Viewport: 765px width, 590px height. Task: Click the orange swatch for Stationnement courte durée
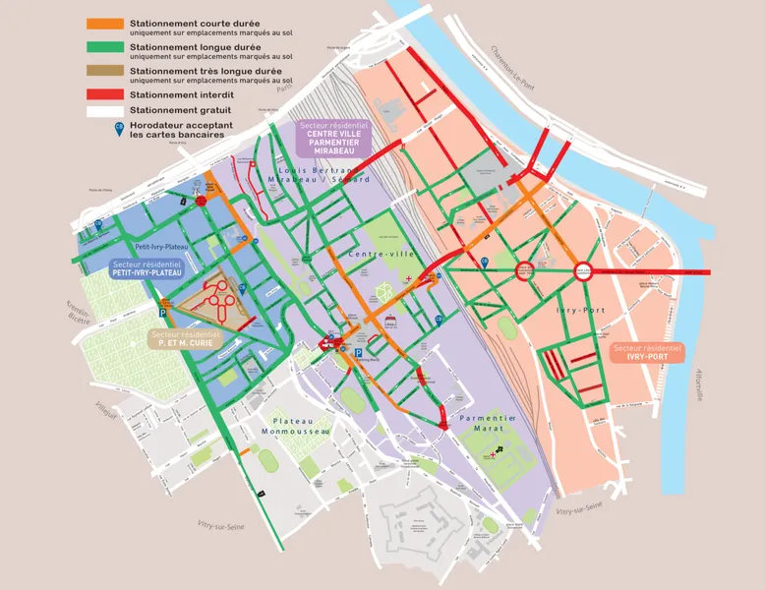point(105,24)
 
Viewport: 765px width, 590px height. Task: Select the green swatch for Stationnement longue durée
point(105,47)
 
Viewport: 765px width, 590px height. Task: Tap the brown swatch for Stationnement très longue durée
point(105,71)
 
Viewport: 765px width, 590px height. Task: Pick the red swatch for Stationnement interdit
point(105,94)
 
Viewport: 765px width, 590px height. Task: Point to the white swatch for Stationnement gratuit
point(105,111)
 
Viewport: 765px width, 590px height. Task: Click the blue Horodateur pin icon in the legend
point(120,129)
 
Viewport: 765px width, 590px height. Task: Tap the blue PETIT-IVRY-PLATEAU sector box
point(147,268)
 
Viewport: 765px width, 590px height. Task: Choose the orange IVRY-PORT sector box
point(646,352)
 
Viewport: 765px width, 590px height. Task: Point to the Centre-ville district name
point(382,255)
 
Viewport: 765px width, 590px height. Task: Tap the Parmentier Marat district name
point(488,424)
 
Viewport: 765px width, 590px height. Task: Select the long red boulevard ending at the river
point(649,270)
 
